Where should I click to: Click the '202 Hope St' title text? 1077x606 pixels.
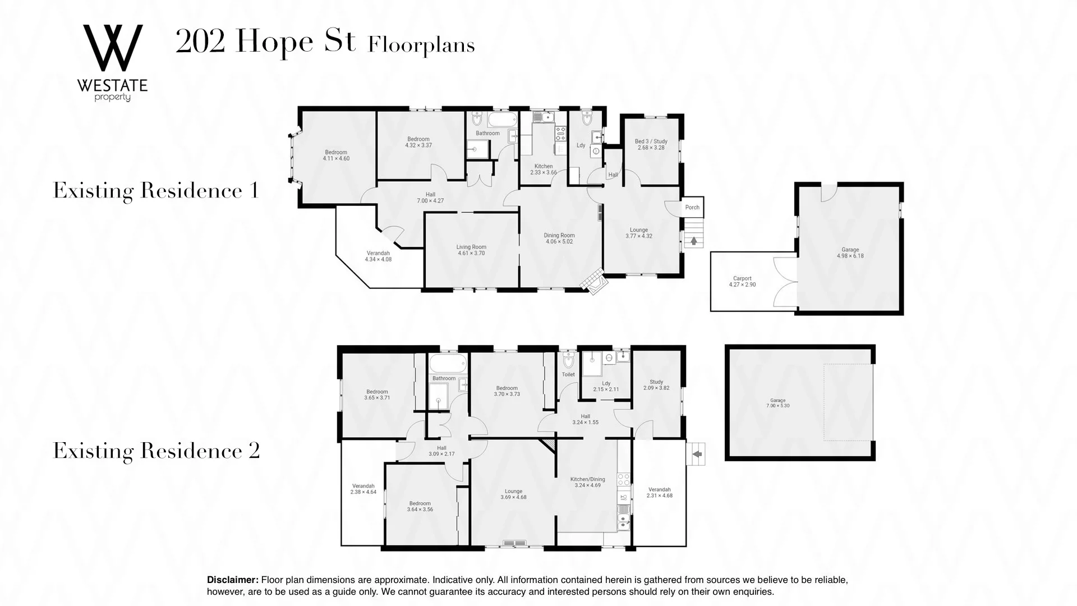tap(265, 42)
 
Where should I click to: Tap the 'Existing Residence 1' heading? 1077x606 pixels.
tap(155, 191)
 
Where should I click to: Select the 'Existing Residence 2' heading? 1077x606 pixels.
tap(156, 451)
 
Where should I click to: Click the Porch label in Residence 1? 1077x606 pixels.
tap(692, 208)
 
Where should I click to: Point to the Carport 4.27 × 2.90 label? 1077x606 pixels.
tap(742, 282)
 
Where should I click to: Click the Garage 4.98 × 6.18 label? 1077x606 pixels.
tap(850, 253)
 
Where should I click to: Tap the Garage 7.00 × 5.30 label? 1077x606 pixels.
tap(777, 403)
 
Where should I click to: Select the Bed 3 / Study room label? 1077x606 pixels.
tap(651, 145)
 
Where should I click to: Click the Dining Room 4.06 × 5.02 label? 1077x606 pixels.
tap(559, 238)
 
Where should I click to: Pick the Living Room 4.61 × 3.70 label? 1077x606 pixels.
tap(471, 250)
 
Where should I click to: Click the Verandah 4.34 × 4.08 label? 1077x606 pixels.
tap(378, 256)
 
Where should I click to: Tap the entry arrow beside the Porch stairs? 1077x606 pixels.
tap(694, 241)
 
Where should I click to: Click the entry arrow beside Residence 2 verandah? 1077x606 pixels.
tap(697, 454)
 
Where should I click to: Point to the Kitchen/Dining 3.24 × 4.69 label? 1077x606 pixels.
tap(587, 483)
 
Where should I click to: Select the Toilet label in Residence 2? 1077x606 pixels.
tap(568, 374)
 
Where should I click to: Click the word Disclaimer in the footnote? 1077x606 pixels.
tap(232, 580)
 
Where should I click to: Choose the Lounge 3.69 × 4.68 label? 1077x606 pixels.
tap(513, 494)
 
